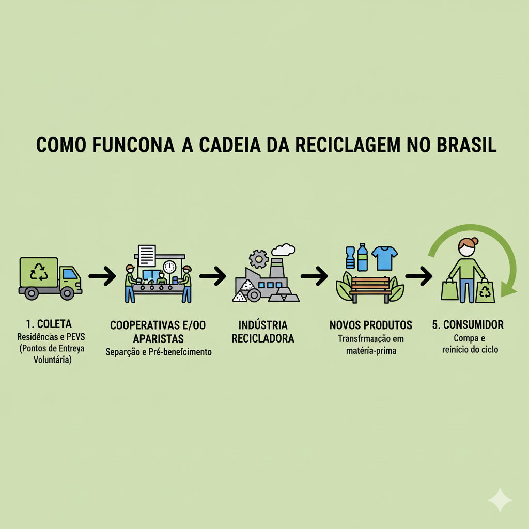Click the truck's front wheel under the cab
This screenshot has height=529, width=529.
click(x=67, y=293)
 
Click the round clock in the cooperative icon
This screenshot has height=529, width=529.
click(x=169, y=267)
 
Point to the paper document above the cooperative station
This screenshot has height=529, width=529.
click(x=147, y=255)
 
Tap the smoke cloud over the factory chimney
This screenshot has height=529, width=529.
click(x=283, y=250)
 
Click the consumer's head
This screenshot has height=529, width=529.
click(x=466, y=248)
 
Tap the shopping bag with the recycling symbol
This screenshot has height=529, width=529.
click(x=486, y=291)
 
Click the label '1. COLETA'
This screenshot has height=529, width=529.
click(x=44, y=324)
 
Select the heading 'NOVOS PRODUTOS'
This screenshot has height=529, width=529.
click(x=370, y=325)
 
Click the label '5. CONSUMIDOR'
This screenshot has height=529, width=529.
click(x=468, y=325)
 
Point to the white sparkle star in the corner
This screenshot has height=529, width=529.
click(x=500, y=500)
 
